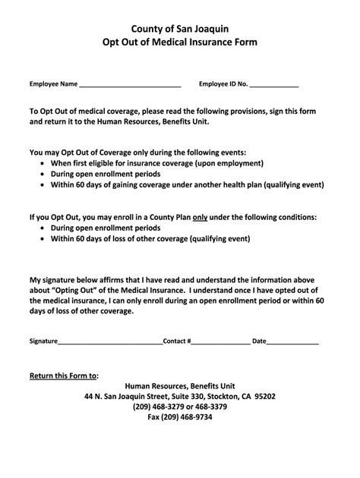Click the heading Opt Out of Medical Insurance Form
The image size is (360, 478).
[x=180, y=42]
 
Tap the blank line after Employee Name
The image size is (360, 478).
[x=130, y=84]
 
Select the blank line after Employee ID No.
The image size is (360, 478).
[x=274, y=84]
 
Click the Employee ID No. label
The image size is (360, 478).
[x=223, y=83]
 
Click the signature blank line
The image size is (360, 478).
[x=110, y=341]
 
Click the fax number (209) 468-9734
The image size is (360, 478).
[x=180, y=417]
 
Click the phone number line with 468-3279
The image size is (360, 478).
[x=180, y=407]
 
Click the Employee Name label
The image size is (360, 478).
[x=54, y=83]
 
